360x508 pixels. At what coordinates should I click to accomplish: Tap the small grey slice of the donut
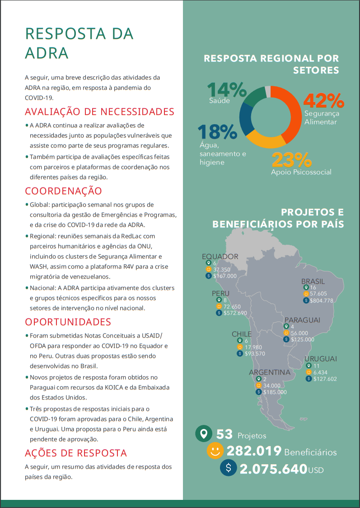tap(268, 92)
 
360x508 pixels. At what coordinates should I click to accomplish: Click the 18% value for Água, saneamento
tap(217, 131)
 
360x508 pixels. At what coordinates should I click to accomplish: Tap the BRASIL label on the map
tap(313, 281)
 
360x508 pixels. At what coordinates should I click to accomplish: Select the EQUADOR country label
tap(220, 256)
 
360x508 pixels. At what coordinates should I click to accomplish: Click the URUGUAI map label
tap(321, 359)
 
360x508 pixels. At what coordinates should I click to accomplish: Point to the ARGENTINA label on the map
tap(270, 373)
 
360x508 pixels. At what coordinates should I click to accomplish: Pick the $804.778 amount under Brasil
tap(321, 300)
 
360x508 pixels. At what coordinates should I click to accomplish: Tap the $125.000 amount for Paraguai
tap(302, 339)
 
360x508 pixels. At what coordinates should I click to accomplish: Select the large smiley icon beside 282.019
tap(215, 450)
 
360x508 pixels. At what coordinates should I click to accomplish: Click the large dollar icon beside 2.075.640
tap(229, 468)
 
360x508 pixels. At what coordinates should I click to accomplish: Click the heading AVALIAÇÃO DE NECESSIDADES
tap(99, 112)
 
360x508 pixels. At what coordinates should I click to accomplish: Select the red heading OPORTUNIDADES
tap(68, 322)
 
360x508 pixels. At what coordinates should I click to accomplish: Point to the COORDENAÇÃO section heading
tap(63, 191)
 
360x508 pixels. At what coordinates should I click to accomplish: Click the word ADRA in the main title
tap(47, 53)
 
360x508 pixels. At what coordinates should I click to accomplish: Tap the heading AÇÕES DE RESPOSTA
tap(76, 453)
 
